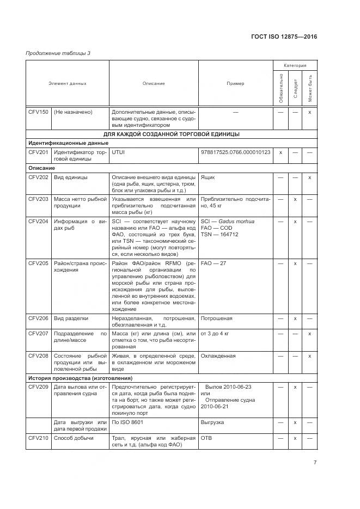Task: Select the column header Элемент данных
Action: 68,83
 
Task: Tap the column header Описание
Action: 154,83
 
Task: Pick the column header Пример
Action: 235,83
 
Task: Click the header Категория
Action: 295,65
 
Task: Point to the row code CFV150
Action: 38,112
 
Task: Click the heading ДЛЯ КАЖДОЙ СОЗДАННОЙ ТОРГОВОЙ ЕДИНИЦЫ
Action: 172,134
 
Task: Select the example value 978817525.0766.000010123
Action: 235,152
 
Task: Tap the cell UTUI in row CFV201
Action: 118,152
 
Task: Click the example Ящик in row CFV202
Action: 208,177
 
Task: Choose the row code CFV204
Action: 38,222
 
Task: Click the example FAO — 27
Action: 213,263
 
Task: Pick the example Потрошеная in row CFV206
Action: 217,318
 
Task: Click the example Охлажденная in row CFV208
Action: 218,355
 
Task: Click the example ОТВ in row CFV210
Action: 206,437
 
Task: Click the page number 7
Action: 315,463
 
